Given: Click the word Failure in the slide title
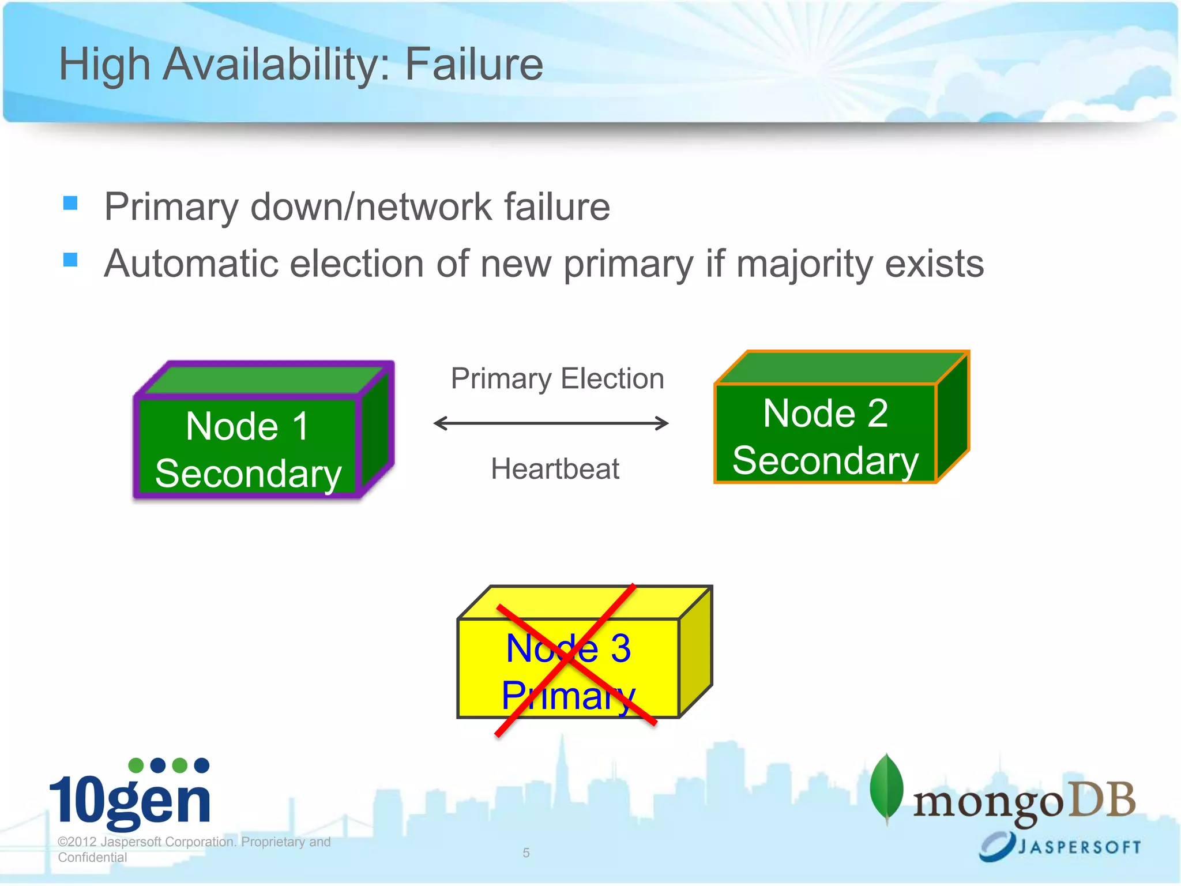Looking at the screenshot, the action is coord(473,64).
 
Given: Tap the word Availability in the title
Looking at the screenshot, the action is coord(276,64).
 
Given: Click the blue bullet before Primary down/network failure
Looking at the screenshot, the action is coord(70,203).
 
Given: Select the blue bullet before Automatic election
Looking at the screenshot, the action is coord(70,260).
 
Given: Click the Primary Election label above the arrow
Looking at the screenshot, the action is coord(557,379).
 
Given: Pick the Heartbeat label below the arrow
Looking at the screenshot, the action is coord(555,468).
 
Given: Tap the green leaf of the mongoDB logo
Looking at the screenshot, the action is coord(886,787).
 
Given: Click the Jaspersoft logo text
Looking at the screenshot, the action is coord(1078,847).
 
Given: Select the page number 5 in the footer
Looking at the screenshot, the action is coord(526,853).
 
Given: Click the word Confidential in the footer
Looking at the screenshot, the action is coord(92,857).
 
